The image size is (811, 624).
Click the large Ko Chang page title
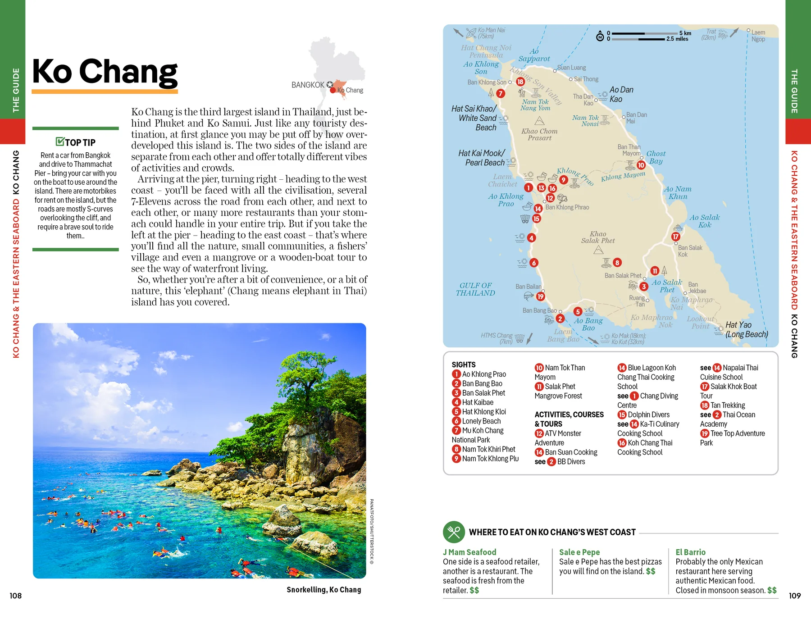105,72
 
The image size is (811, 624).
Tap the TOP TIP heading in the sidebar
75,142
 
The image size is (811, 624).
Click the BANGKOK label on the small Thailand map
308,85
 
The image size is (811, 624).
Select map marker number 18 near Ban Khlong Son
520,82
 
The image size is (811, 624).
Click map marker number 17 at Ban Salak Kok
675,237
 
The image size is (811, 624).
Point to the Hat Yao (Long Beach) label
746,329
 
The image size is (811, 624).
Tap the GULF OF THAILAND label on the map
475,289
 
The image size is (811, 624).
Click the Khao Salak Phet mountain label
598,237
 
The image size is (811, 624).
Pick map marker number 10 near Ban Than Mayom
641,165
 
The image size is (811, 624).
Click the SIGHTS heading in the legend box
464,364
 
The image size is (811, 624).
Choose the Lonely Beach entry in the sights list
481,421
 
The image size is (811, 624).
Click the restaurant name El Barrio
690,552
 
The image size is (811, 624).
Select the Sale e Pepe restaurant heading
579,552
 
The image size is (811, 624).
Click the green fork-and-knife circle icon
454,532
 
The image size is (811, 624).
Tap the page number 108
16,596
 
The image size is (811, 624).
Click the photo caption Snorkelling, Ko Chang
323,590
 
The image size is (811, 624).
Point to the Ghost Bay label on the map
656,157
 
